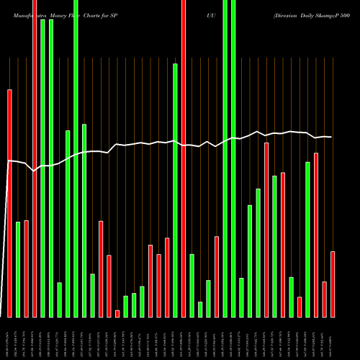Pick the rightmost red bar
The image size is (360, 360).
tap(333, 284)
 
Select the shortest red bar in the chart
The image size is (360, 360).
tap(117, 313)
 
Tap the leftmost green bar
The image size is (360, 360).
tap(18, 269)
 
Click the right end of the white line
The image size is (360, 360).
tap(332, 137)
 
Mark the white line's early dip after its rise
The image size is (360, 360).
tap(35, 171)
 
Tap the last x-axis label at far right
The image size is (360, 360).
tap(333, 338)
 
